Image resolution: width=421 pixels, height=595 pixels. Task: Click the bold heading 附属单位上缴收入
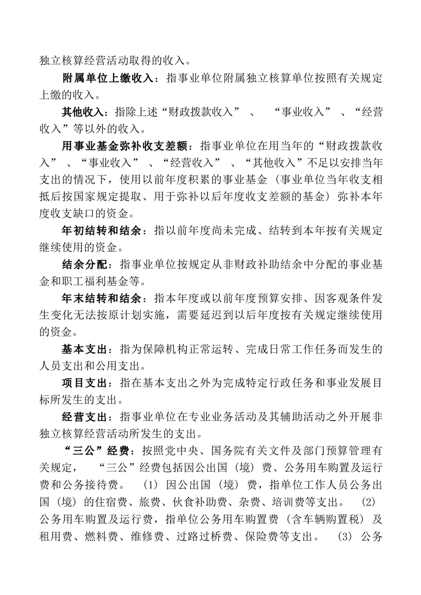[109, 78]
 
